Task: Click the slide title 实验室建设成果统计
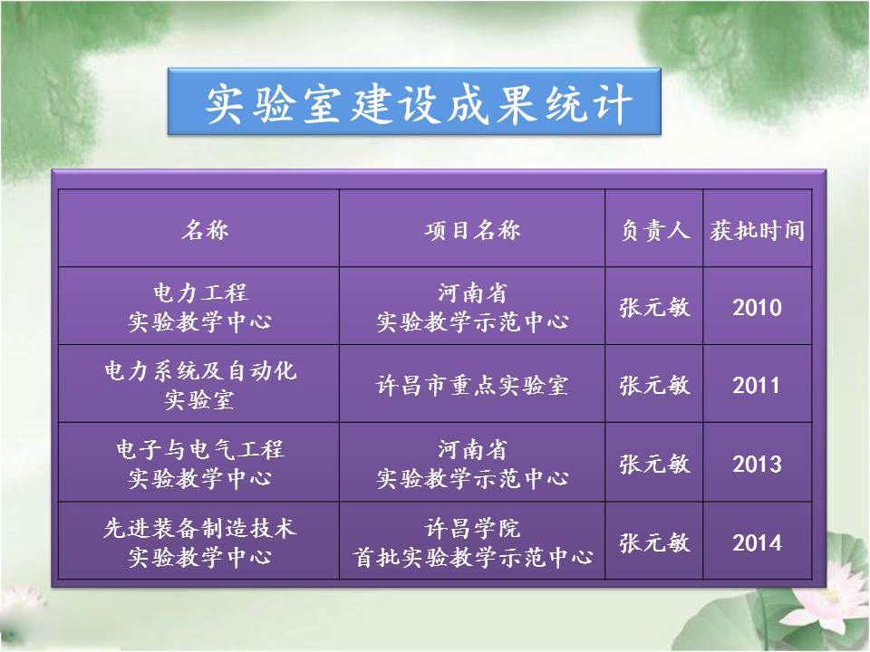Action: click(419, 103)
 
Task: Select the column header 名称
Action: click(205, 229)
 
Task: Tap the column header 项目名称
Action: click(473, 229)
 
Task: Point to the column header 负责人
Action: click(654, 229)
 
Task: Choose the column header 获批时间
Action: click(758, 229)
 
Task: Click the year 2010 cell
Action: click(757, 307)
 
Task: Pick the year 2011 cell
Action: click(757, 386)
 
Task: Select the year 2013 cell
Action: click(757, 464)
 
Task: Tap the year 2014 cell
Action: click(757, 542)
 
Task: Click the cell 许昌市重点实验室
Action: click(472, 386)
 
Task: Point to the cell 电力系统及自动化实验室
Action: click(199, 386)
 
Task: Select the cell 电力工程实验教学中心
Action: click(199, 307)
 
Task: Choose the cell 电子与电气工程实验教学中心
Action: click(199, 464)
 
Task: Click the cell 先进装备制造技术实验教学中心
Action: click(199, 542)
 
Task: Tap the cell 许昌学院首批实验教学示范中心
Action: click(473, 542)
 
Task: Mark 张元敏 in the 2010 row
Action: click(654, 307)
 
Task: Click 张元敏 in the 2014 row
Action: click(654, 542)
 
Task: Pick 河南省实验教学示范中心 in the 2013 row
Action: click(473, 464)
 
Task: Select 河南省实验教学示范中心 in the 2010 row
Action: click(473, 307)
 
